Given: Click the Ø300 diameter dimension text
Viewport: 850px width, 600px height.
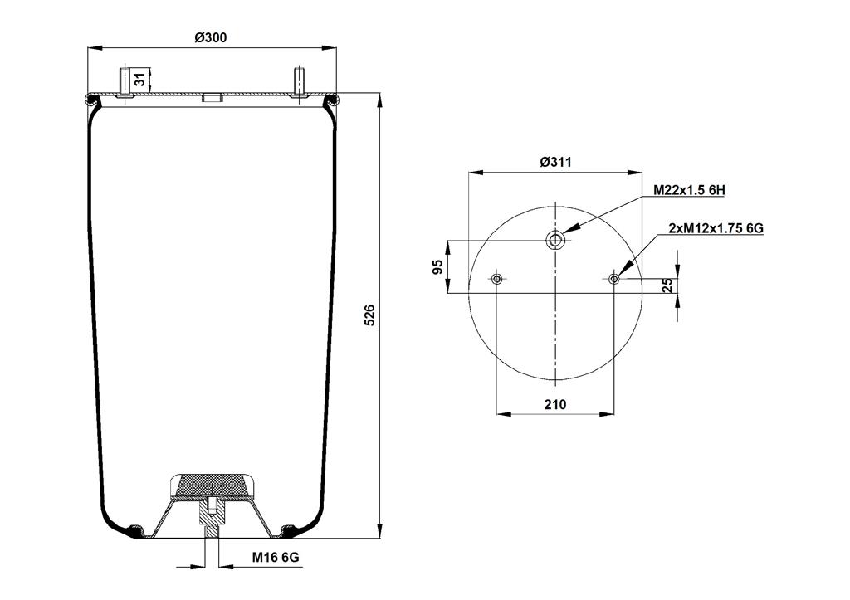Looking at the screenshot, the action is click(211, 37).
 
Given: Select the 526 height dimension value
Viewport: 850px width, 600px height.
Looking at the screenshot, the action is click(369, 315).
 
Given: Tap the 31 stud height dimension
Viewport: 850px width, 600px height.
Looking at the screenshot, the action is click(139, 79).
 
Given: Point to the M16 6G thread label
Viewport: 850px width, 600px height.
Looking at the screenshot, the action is click(276, 557).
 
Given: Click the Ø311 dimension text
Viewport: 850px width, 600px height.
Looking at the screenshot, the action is click(555, 162).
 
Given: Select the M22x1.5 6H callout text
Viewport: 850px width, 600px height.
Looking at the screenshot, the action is click(689, 190).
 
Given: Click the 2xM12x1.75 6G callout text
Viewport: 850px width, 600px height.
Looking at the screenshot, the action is click(716, 228).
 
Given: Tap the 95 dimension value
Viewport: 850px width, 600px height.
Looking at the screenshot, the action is click(437, 266).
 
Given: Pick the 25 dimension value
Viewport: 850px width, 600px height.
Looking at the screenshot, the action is click(668, 285).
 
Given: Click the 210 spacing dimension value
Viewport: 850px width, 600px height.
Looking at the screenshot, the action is click(555, 404).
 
